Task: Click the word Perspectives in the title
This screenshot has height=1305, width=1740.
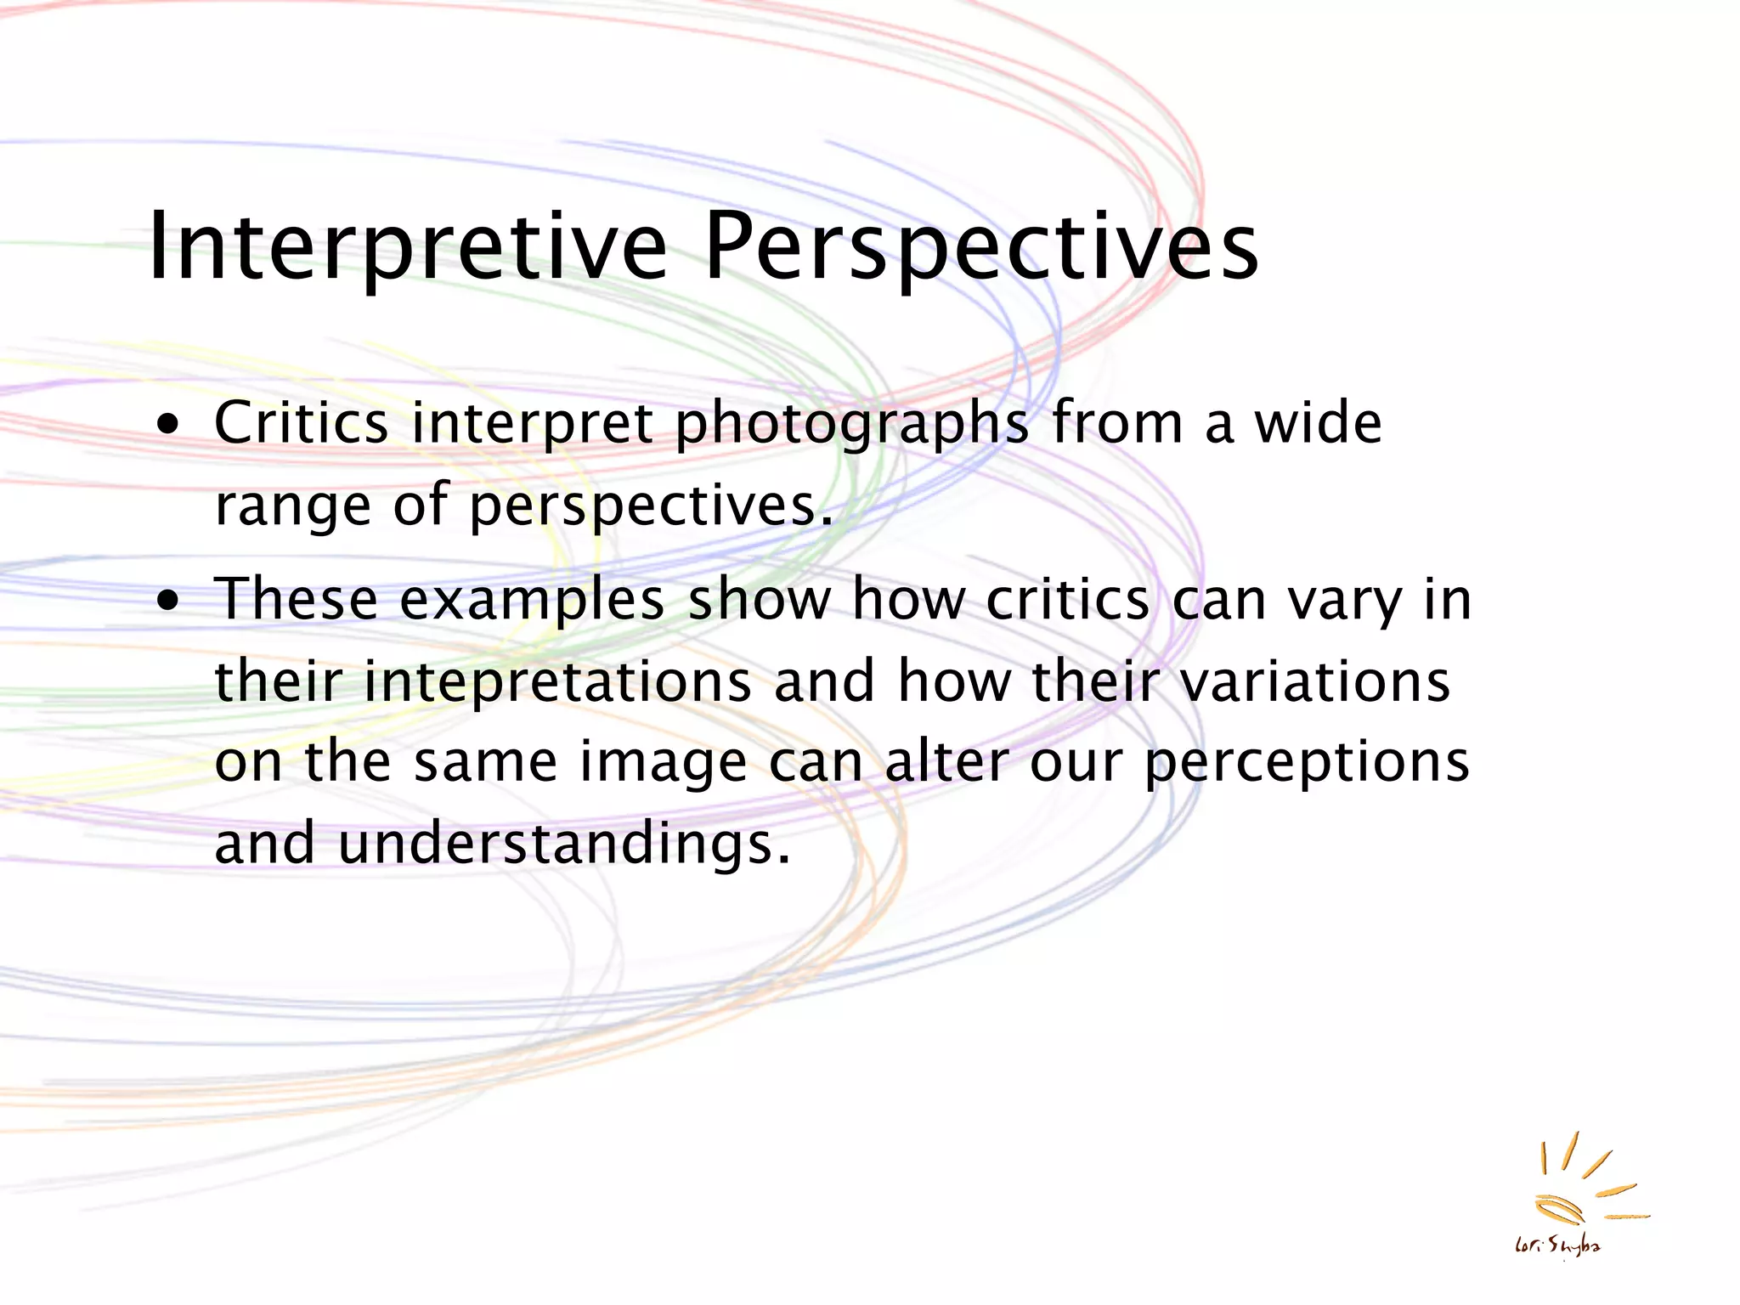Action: pyautogui.click(x=981, y=248)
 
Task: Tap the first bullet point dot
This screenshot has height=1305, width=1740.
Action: pyautogui.click(x=170, y=424)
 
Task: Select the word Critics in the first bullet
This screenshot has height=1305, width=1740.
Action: pyautogui.click(x=301, y=423)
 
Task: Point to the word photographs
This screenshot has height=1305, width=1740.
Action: pyautogui.click(x=851, y=425)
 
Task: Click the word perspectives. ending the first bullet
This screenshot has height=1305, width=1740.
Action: pyautogui.click(x=651, y=507)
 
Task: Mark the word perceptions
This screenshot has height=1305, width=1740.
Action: pyautogui.click(x=1307, y=763)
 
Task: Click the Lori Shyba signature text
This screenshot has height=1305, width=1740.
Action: pyautogui.click(x=1557, y=1246)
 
